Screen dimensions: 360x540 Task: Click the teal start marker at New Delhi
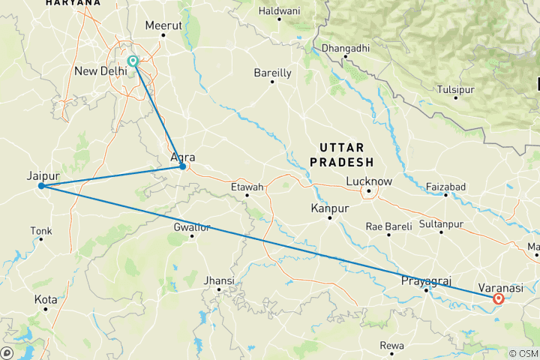point(133,61)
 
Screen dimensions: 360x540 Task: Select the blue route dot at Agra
point(182,166)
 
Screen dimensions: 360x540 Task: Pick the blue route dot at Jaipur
point(42,186)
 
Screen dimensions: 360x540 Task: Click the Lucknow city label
point(369,181)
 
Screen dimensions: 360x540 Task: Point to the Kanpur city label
point(330,207)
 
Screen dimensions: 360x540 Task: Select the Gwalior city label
point(192,226)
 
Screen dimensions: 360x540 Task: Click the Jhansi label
point(220,280)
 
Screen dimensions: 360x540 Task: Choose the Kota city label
point(46,299)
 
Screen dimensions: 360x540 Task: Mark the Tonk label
point(41,230)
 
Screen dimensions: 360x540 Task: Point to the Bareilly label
point(273,73)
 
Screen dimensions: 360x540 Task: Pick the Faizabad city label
point(445,186)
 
